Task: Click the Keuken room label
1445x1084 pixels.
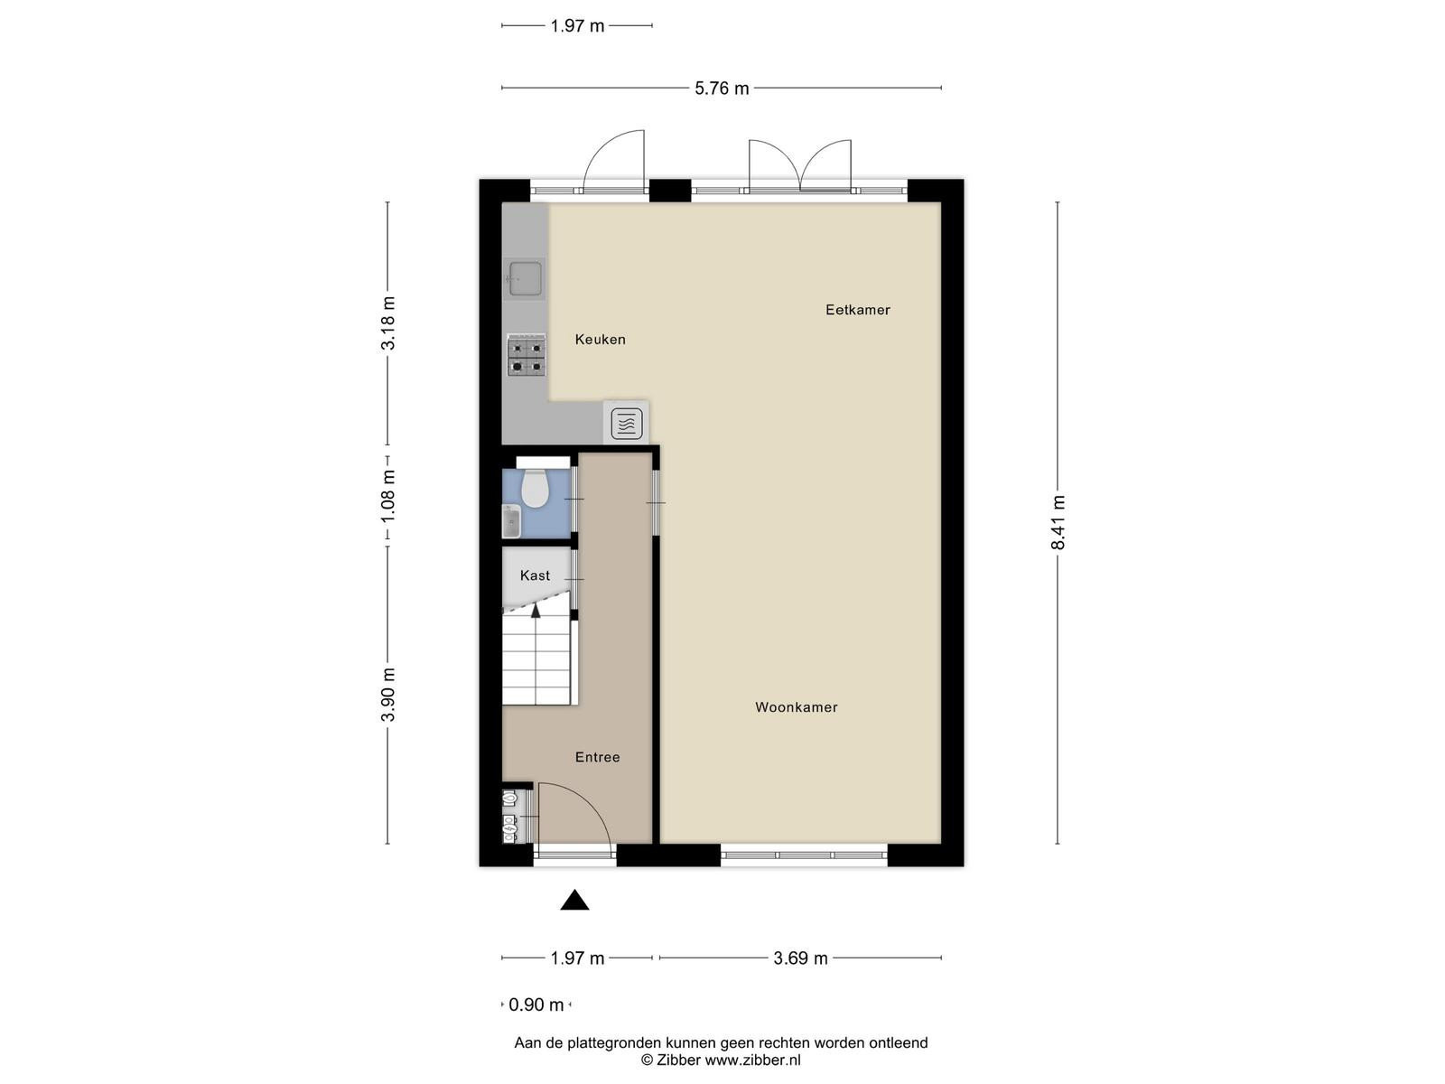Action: pos(600,340)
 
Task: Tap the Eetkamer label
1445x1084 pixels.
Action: pos(857,310)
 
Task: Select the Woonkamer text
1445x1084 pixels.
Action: pos(796,707)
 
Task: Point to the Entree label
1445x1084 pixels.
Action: pos(597,758)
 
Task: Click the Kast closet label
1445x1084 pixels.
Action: pos(535,576)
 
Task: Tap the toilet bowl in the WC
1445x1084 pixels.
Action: pos(536,487)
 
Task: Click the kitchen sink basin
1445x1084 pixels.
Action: pos(526,278)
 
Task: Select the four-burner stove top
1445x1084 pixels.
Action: pos(527,355)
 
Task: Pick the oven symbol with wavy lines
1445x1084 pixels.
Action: pos(626,424)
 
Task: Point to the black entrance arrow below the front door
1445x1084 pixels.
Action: pos(574,900)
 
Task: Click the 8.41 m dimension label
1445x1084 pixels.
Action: pos(1058,522)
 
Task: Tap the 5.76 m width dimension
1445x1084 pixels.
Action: pos(722,89)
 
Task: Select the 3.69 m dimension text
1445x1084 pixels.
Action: pos(800,958)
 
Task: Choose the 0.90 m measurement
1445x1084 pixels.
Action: pos(536,1005)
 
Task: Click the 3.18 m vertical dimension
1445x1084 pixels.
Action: pos(387,323)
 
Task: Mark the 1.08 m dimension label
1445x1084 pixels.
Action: pos(387,496)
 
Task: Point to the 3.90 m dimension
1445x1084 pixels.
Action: pos(387,695)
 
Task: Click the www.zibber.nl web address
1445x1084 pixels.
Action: pos(752,1061)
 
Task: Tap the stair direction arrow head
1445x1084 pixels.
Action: pos(536,610)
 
